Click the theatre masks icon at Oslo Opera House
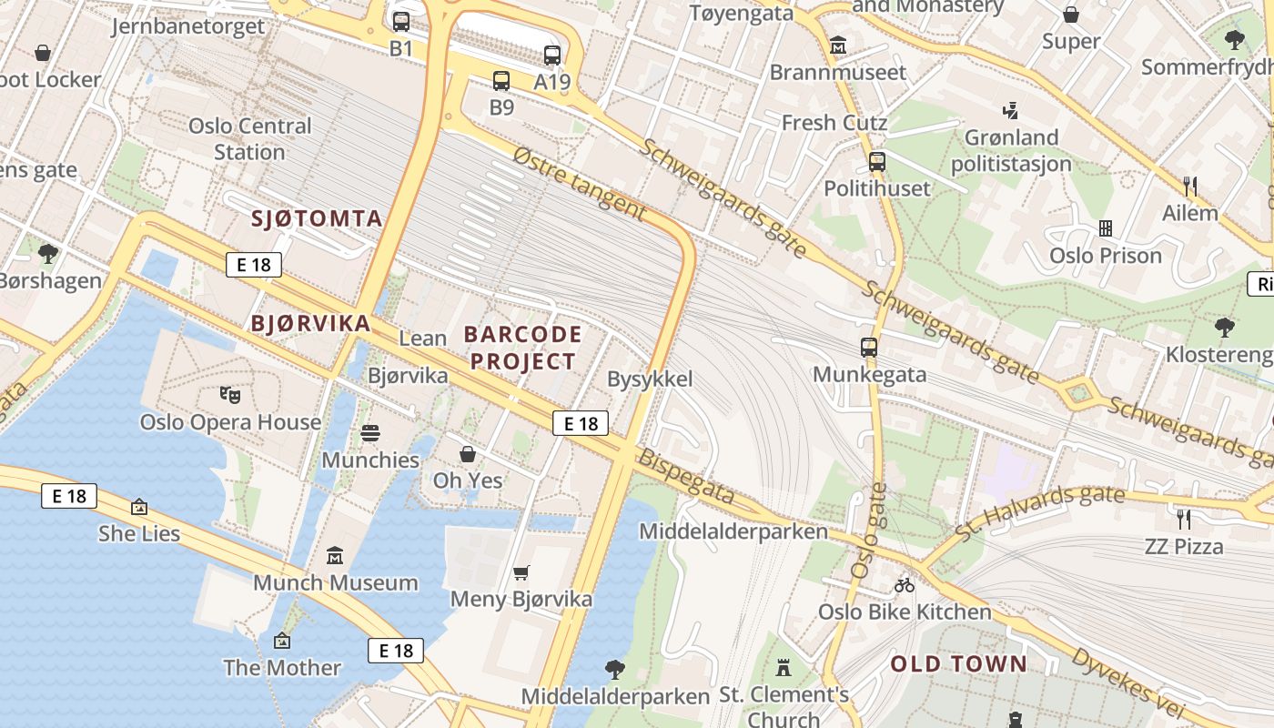tap(229, 395)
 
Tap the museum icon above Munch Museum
tap(335, 555)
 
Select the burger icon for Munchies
tap(370, 433)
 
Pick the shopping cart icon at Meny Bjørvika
tap(521, 572)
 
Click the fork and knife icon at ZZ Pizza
tap(1183, 520)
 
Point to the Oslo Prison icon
tap(1106, 227)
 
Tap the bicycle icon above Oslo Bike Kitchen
tap(904, 585)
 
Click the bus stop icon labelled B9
tap(501, 81)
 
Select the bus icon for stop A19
tap(552, 55)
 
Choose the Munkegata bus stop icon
tap(869, 348)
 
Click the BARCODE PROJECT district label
tap(522, 348)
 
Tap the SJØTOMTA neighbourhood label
tap(317, 218)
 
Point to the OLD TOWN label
tap(958, 664)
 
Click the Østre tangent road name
tap(579, 185)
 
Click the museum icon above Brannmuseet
tap(838, 45)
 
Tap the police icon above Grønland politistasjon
tap(1010, 111)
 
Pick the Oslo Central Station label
tap(249, 138)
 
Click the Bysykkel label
tap(650, 379)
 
